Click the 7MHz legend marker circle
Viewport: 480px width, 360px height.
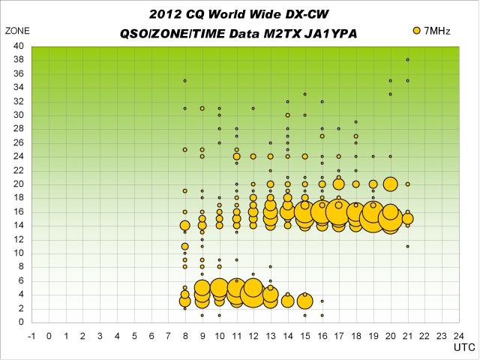click(416, 30)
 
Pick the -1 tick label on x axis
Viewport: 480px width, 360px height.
click(31, 335)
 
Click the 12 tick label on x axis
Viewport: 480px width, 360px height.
click(253, 335)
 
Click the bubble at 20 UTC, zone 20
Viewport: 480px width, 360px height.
click(390, 184)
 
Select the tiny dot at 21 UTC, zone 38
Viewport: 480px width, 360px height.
click(407, 59)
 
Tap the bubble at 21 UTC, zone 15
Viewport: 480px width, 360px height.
click(407, 218)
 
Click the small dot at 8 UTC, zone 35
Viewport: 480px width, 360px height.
click(184, 80)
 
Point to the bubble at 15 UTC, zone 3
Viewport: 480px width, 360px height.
click(304, 301)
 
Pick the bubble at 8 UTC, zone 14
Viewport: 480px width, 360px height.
click(184, 225)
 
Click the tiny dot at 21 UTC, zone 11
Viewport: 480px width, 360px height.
click(407, 246)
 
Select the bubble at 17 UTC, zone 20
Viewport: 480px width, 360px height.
click(339, 184)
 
